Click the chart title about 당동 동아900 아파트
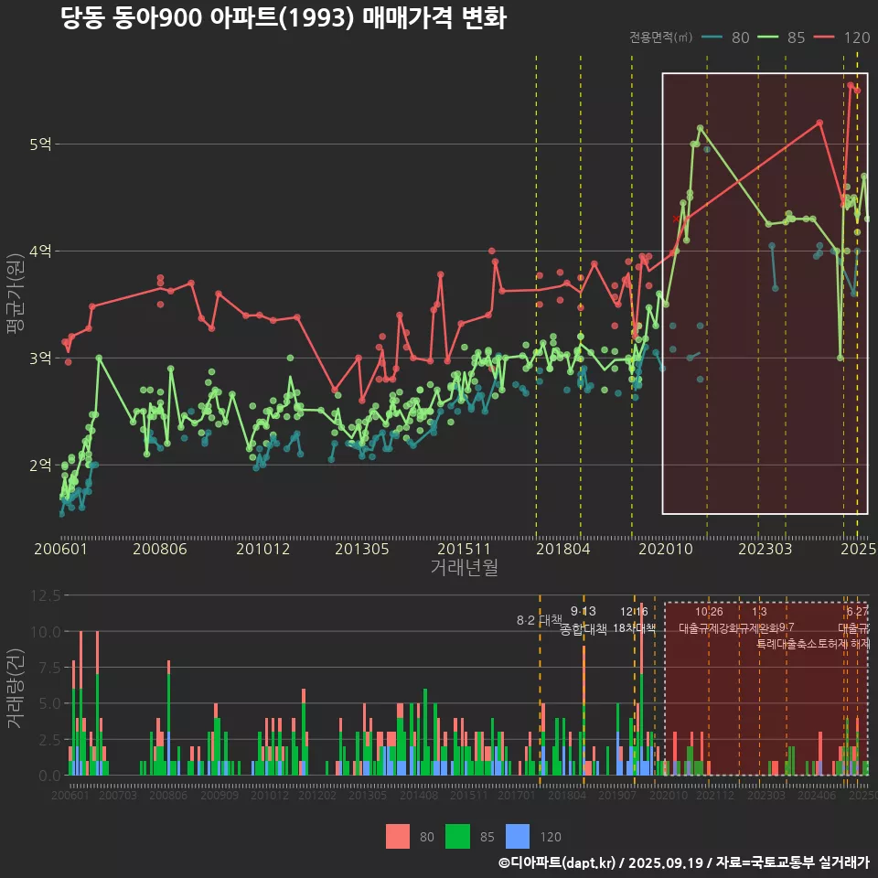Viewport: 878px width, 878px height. click(x=284, y=18)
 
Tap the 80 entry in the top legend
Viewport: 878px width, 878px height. click(x=728, y=37)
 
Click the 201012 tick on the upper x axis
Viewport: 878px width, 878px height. click(x=262, y=549)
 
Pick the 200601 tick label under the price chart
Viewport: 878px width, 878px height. click(x=60, y=549)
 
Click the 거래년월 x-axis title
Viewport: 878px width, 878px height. click(x=464, y=568)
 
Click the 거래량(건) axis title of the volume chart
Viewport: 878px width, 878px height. click(x=15, y=689)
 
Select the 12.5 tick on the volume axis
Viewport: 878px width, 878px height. click(x=43, y=595)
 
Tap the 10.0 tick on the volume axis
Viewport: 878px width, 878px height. click(x=43, y=631)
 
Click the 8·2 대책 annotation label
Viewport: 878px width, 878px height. click(x=539, y=620)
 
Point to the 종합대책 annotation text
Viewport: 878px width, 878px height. click(x=584, y=629)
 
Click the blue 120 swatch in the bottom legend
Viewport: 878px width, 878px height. click(x=518, y=836)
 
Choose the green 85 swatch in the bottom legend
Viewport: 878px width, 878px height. click(x=457, y=836)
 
